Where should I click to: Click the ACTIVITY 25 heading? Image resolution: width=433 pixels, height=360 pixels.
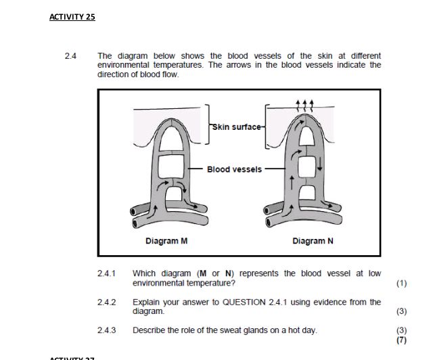coord(72,17)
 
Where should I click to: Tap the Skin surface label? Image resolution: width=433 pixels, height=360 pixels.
coord(234,126)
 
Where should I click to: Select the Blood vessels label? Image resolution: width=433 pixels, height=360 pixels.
coord(234,169)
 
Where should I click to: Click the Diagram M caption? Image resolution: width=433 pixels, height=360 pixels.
coord(166,241)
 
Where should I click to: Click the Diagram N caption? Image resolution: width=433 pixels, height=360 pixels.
coord(313,241)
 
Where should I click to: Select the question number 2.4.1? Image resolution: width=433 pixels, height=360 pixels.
coord(107,273)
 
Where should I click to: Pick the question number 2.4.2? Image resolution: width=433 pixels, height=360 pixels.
coord(107,302)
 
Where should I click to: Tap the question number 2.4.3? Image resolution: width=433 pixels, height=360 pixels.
coord(107,330)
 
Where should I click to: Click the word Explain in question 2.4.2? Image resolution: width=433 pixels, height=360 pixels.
coord(146,302)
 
